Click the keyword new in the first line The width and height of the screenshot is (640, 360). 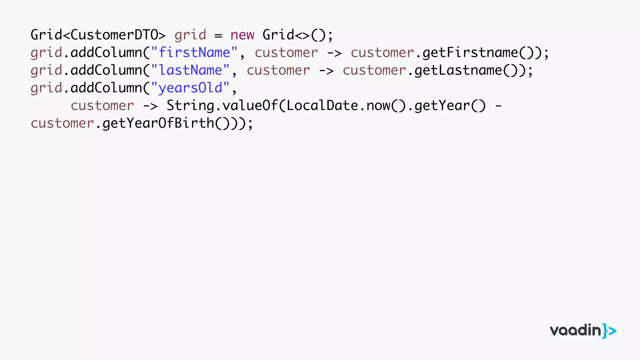click(x=242, y=35)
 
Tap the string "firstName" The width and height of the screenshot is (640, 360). click(x=194, y=52)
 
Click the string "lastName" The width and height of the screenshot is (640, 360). click(x=190, y=70)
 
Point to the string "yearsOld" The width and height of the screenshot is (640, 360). click(x=190, y=88)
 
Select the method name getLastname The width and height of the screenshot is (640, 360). click(x=458, y=70)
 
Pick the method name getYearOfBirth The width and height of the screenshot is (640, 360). click(x=158, y=123)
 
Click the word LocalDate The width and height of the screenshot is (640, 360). click(x=322, y=106)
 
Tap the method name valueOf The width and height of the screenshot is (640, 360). click(x=250, y=106)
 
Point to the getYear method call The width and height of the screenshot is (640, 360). click(x=442, y=106)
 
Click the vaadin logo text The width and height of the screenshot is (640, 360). click(x=575, y=331)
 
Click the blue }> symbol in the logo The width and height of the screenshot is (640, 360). click(x=609, y=331)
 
